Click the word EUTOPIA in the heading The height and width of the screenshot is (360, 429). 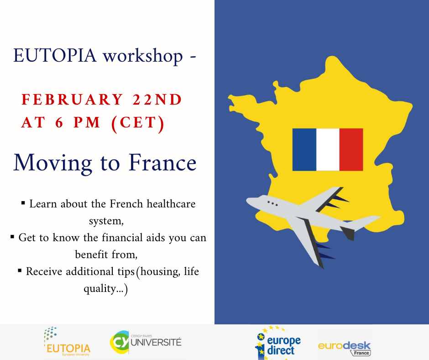(55, 55)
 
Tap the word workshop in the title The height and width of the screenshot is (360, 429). (142, 57)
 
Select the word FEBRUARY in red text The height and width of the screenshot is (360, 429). (72, 100)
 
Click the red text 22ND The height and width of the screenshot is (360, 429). (157, 100)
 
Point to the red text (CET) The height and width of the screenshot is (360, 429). (138, 123)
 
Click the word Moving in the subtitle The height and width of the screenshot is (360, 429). (52, 164)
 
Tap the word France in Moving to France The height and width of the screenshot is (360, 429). (162, 163)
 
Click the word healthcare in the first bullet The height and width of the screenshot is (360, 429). (171, 204)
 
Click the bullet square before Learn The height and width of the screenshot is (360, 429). (23, 203)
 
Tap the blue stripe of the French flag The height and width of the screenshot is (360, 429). (304, 149)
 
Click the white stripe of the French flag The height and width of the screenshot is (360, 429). (328, 149)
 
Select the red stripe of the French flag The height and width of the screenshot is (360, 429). (351, 149)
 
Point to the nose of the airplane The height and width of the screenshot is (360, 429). (248, 201)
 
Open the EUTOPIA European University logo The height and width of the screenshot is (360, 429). (67, 341)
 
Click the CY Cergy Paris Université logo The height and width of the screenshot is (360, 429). (146, 342)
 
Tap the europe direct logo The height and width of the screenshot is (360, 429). (277, 343)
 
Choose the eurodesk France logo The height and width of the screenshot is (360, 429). (345, 348)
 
